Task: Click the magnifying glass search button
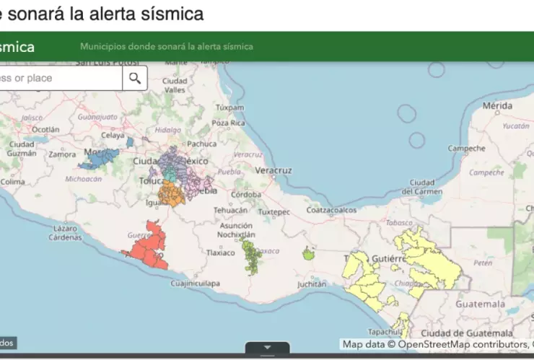(135, 78)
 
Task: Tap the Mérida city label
(497, 105)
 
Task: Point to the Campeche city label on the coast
(466, 149)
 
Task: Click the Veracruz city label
(273, 170)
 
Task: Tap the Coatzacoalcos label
(332, 210)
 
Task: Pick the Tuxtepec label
(273, 212)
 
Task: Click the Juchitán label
(311, 284)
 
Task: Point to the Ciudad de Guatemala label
(467, 333)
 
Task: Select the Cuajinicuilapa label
(195, 284)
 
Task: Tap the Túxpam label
(230, 108)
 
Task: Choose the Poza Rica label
(229, 123)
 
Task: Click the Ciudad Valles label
(175, 85)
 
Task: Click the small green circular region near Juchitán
(308, 253)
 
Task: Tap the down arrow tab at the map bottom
(267, 348)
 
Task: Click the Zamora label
(63, 154)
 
